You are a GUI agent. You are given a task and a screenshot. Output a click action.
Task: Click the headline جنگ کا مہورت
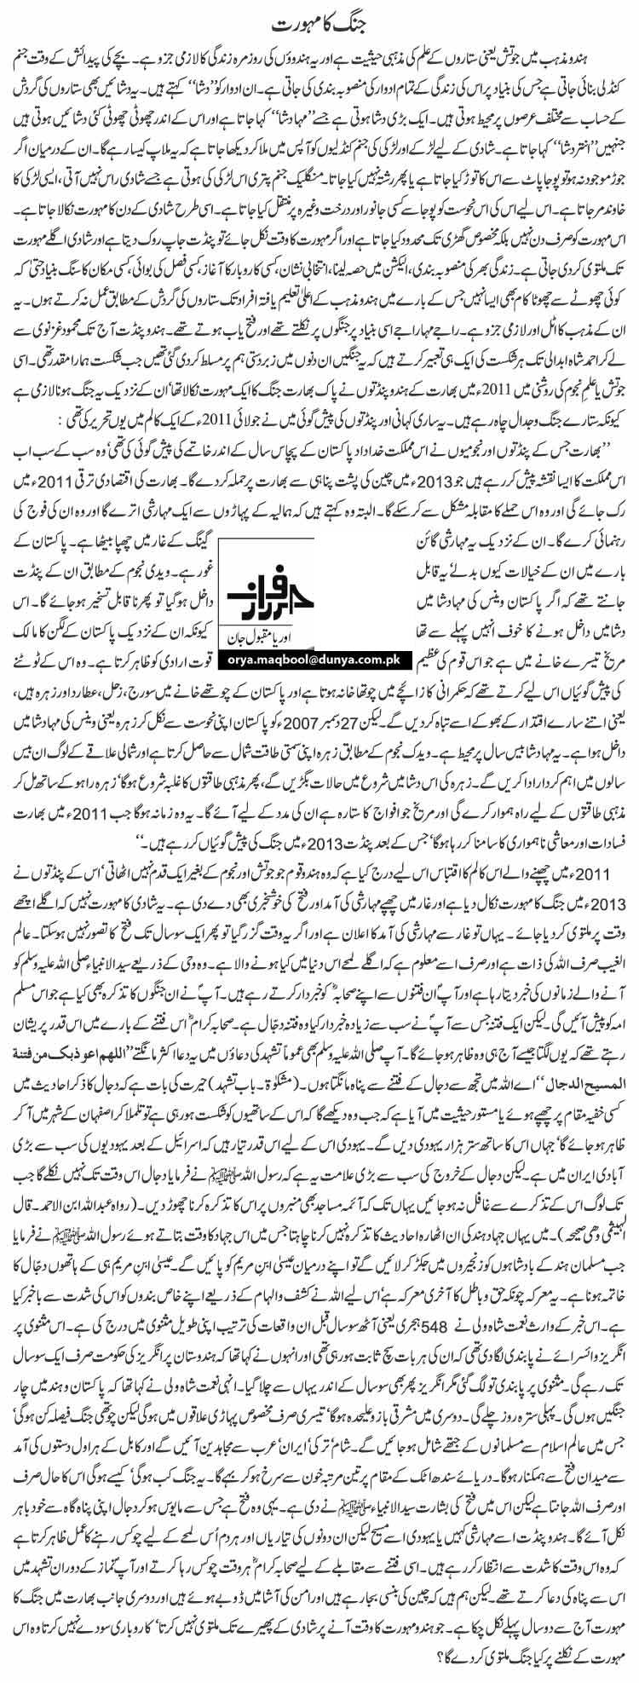[x=319, y=18]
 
